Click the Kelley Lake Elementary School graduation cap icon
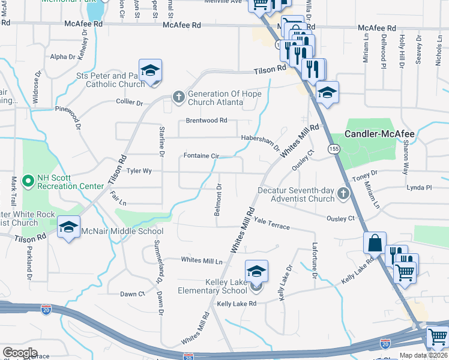tap(256, 272)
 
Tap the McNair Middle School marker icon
tap(69, 227)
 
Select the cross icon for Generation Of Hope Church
tap(178, 97)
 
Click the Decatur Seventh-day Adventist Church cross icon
tap(342, 193)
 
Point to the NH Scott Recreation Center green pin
tap(27, 181)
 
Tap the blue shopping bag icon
tap(375, 243)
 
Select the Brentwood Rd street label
tap(206, 120)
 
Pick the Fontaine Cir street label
tap(200, 155)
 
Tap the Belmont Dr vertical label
tap(218, 200)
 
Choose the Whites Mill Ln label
tap(202, 260)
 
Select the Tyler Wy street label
tap(139, 171)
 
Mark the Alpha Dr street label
tap(63, 57)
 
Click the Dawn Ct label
tap(133, 294)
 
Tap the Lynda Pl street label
tap(419, 187)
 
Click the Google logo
tap(20, 352)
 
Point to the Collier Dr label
tap(130, 103)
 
